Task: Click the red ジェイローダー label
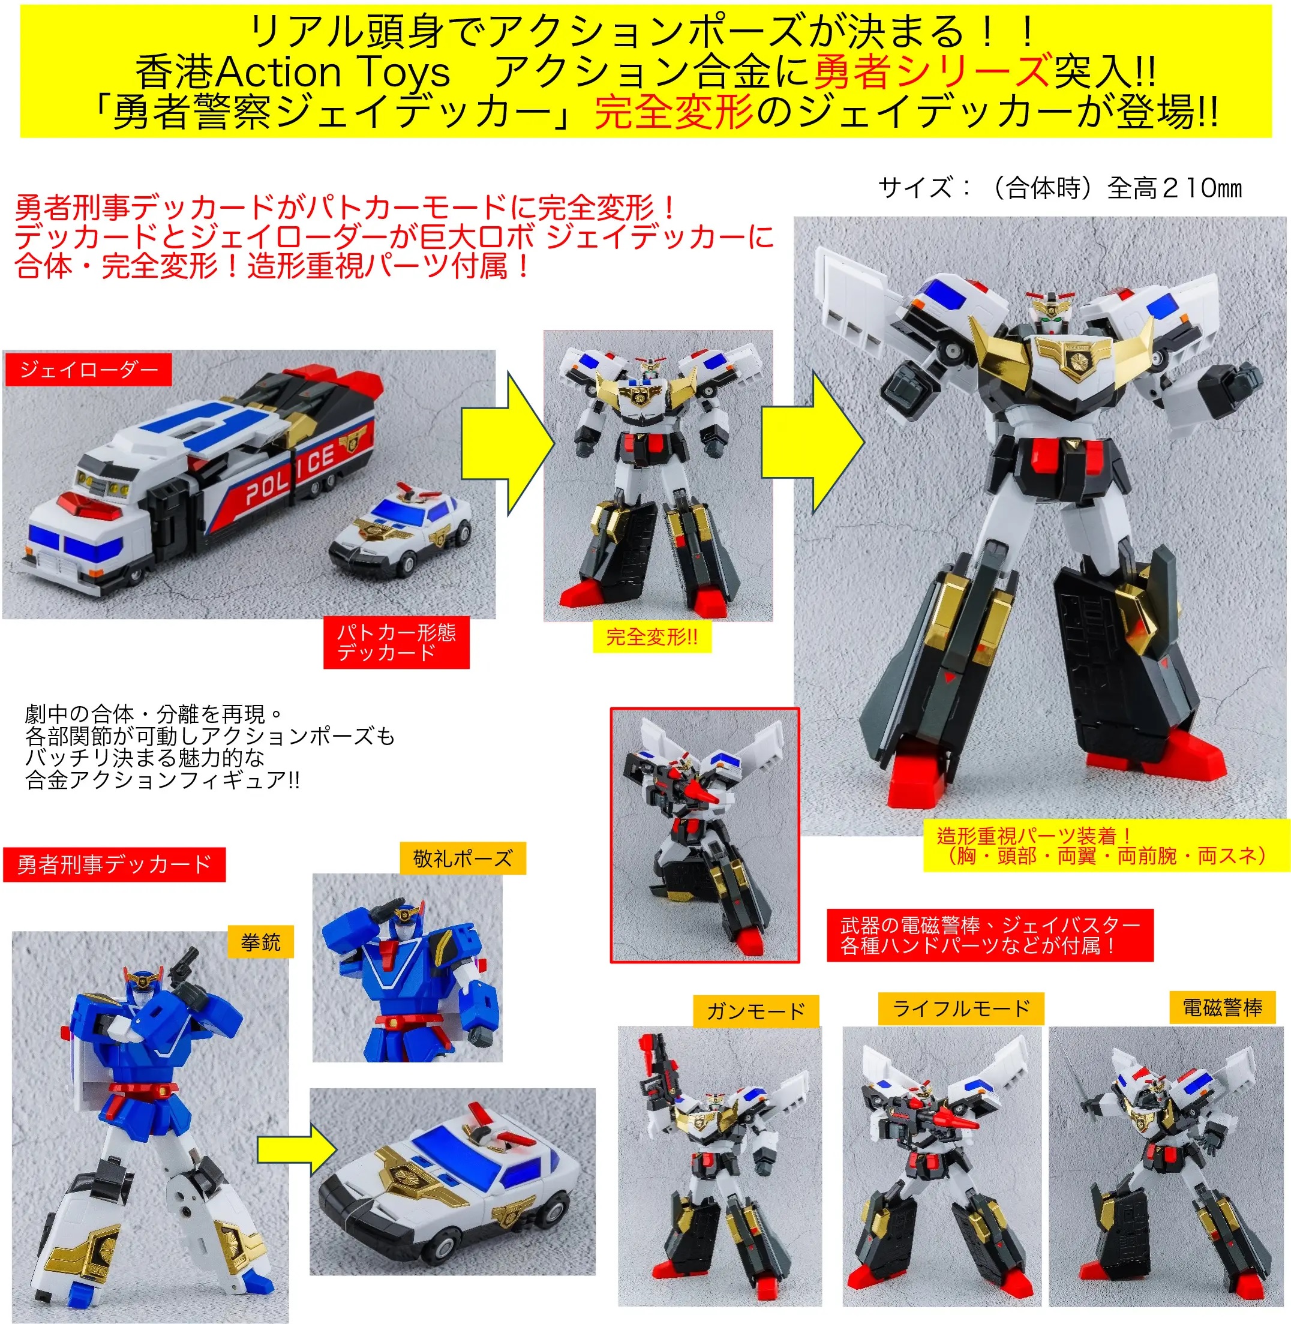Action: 88,370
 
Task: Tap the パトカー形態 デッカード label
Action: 396,642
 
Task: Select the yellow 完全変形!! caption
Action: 651,637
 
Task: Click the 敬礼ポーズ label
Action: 463,858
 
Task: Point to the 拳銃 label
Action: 260,942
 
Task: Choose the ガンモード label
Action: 755,1011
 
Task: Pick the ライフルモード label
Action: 961,1009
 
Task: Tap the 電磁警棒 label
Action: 1222,1008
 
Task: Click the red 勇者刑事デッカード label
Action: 114,864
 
